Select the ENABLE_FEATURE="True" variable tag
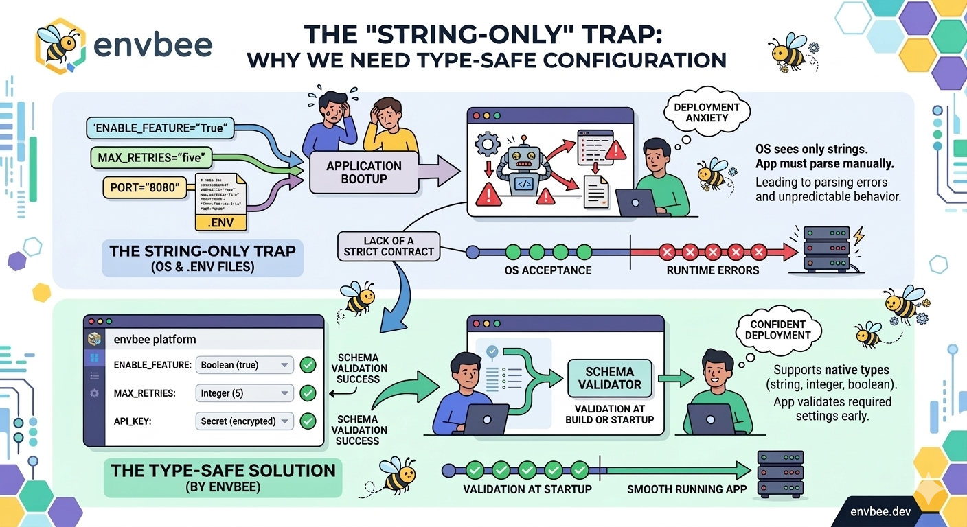coord(159,127)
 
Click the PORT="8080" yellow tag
coord(145,187)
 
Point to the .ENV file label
coord(221,222)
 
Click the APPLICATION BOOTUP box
coord(363,172)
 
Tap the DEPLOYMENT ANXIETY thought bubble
coord(707,113)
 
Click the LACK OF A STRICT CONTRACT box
coord(389,246)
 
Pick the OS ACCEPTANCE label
coord(547,270)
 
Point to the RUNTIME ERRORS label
coord(712,270)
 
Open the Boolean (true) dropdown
coord(244,365)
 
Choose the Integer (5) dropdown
coord(244,393)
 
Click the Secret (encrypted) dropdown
coord(244,421)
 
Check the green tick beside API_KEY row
coord(308,421)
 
